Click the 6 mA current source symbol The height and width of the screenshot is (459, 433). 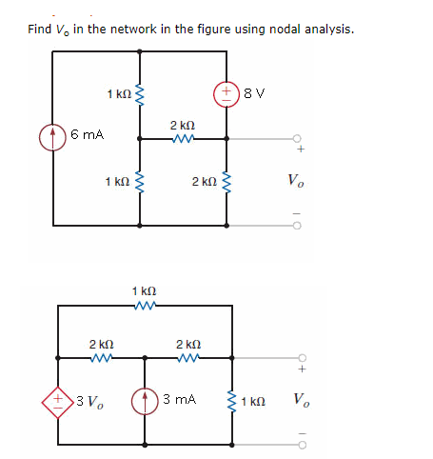click(x=52, y=137)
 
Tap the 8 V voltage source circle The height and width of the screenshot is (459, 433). click(x=227, y=94)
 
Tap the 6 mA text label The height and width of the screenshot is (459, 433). click(x=88, y=137)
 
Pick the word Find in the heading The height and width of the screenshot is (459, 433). click(x=40, y=30)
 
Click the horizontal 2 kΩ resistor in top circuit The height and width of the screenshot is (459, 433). click(x=183, y=137)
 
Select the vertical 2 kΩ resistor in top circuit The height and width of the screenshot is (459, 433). click(x=227, y=181)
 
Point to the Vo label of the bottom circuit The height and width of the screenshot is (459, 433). click(x=301, y=398)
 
